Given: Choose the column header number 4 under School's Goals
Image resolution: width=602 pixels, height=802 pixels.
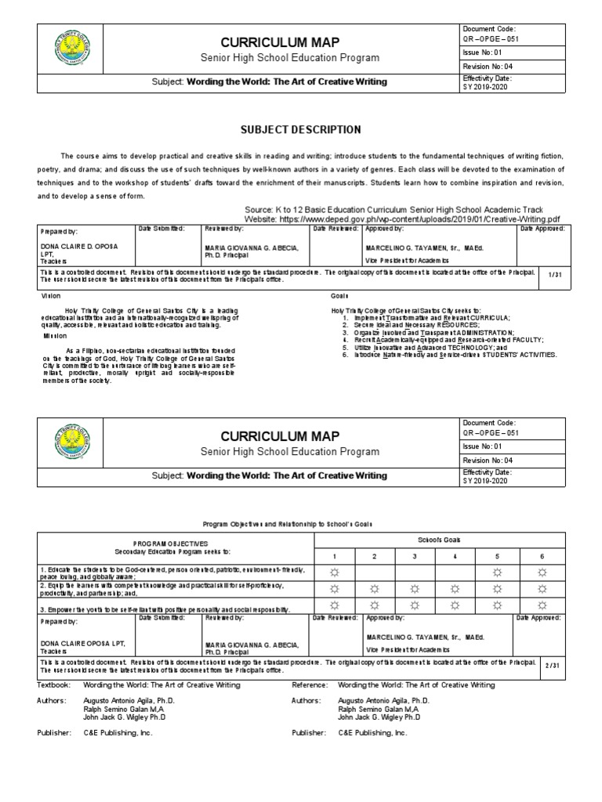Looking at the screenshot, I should coord(455,556).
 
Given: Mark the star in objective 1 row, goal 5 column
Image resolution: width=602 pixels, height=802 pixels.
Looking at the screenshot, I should coord(495,572).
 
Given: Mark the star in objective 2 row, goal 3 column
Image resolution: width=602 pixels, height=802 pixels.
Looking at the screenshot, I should coord(415,588).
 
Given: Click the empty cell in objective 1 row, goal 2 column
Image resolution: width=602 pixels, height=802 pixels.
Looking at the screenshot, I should coord(375,572).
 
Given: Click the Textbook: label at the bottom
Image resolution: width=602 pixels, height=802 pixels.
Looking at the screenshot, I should coord(54,685).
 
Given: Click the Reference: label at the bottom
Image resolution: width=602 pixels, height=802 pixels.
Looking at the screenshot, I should coord(310,685).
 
